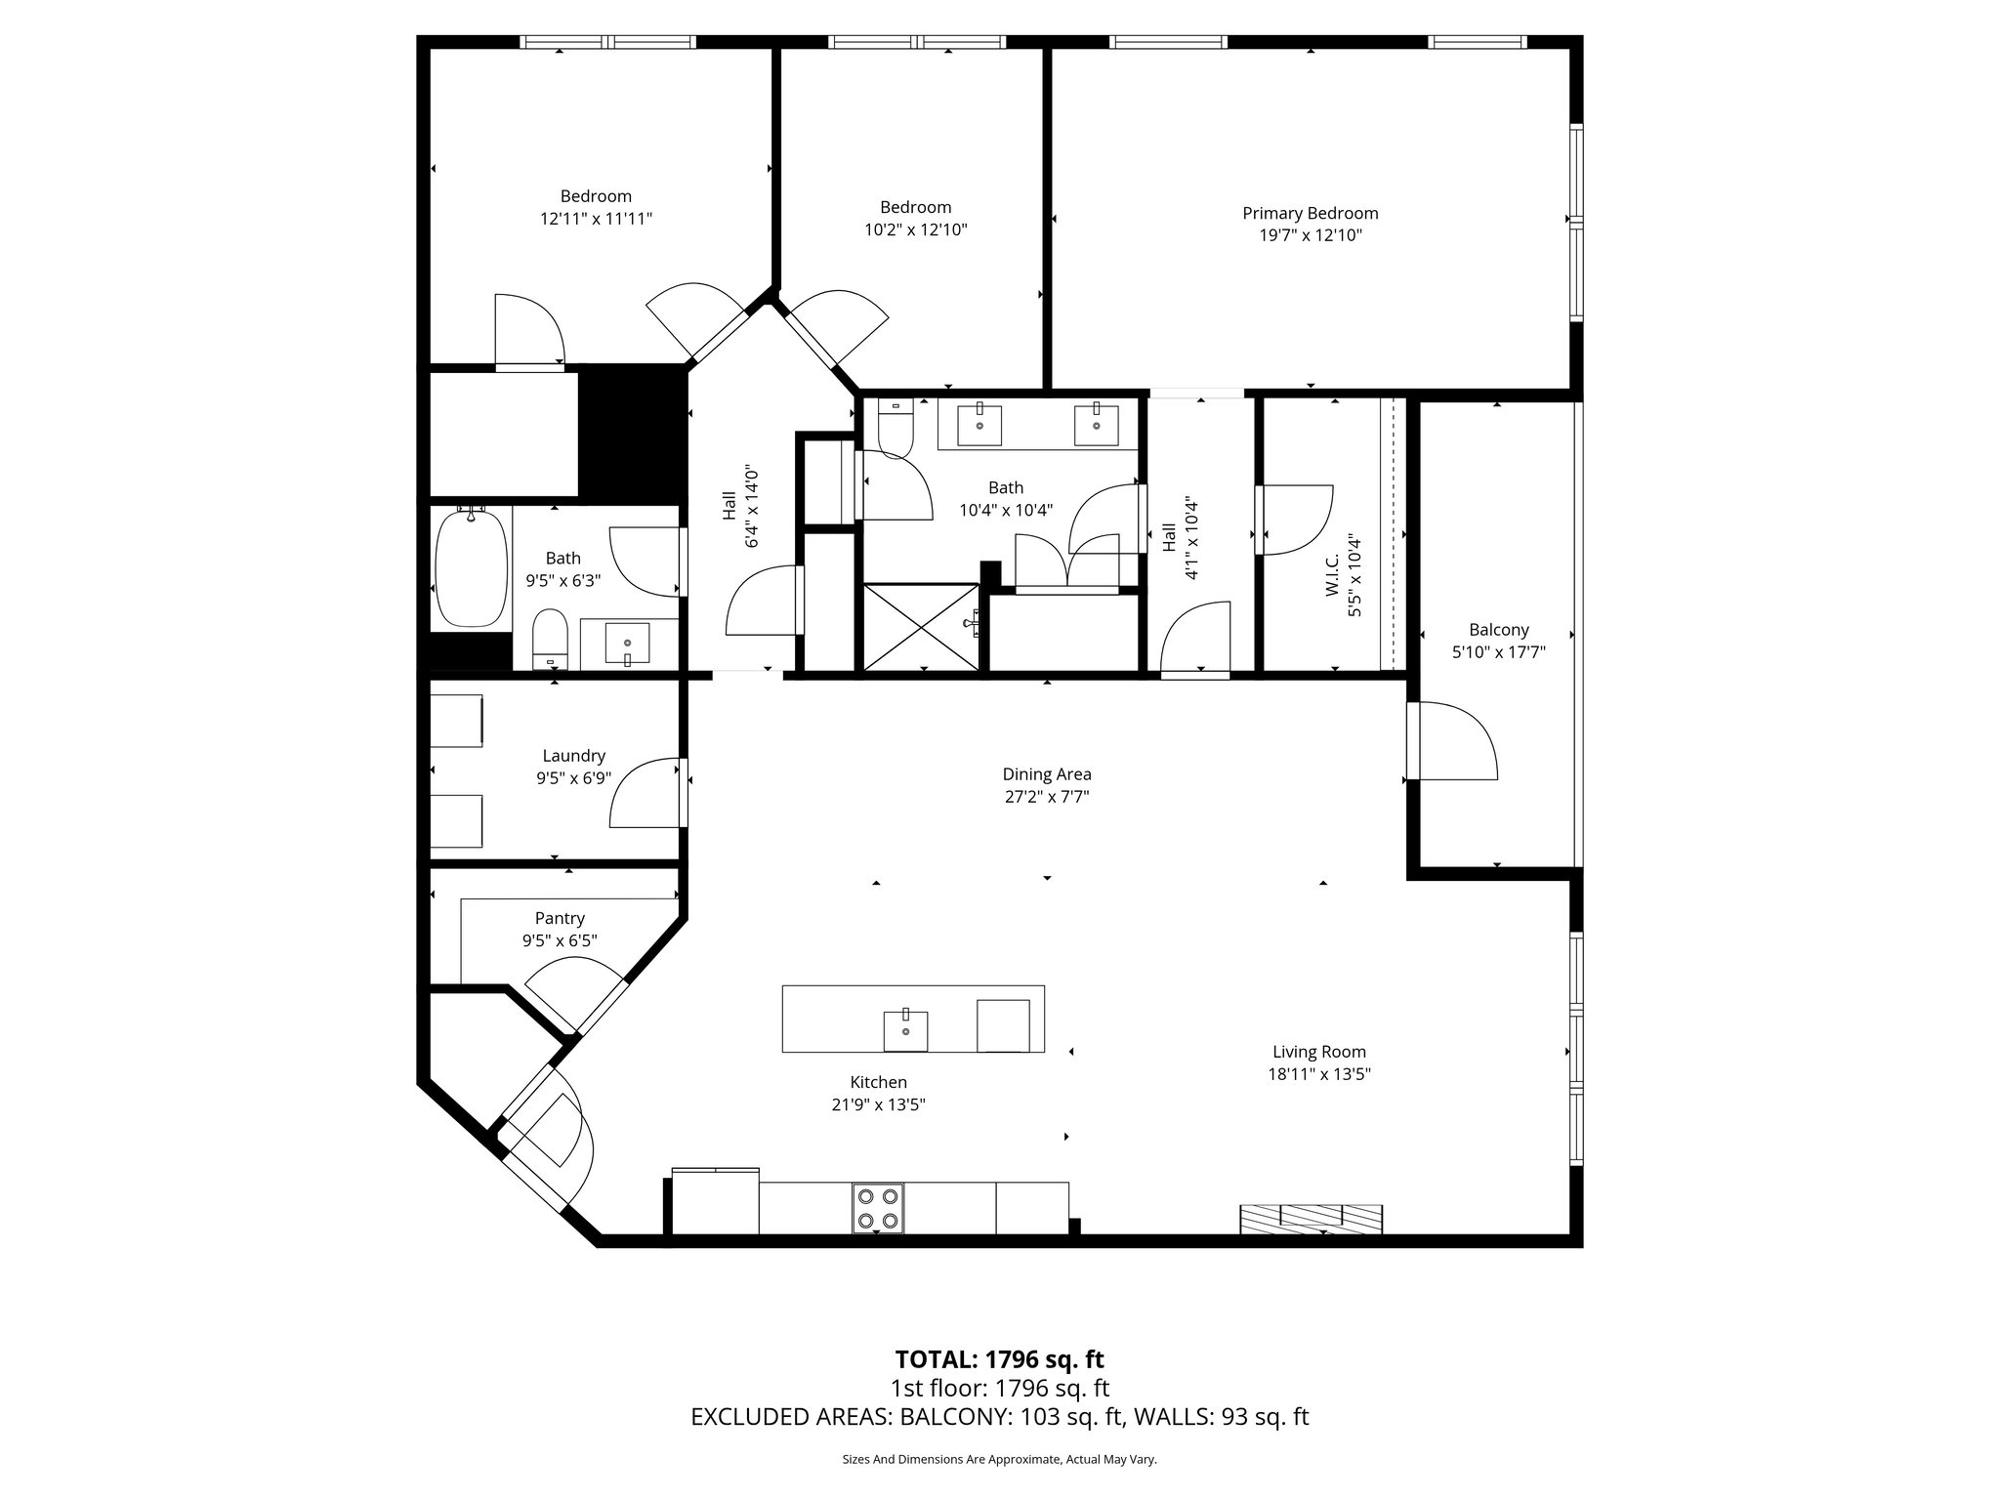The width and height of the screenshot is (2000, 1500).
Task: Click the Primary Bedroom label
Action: [1310, 213]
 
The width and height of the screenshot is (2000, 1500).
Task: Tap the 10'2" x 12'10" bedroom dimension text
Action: [915, 229]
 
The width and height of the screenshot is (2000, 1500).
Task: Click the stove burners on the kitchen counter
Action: [877, 1208]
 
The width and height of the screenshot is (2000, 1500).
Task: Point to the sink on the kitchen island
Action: [905, 1030]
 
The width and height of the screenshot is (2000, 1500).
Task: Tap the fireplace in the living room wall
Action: [1311, 1218]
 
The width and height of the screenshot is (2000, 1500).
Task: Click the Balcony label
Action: [1498, 630]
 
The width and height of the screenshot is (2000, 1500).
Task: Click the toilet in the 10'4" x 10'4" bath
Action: [894, 430]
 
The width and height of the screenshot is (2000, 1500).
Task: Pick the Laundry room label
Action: [573, 756]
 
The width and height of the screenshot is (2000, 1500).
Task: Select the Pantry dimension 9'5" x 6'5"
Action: [560, 940]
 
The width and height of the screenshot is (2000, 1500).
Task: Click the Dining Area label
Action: [1046, 774]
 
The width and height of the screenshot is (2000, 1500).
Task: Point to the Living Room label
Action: [1318, 1052]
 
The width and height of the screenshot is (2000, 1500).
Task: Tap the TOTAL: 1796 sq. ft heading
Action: [999, 1359]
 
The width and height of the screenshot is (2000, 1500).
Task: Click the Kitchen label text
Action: [878, 1082]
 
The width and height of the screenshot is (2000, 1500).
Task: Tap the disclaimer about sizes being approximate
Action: [999, 1459]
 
